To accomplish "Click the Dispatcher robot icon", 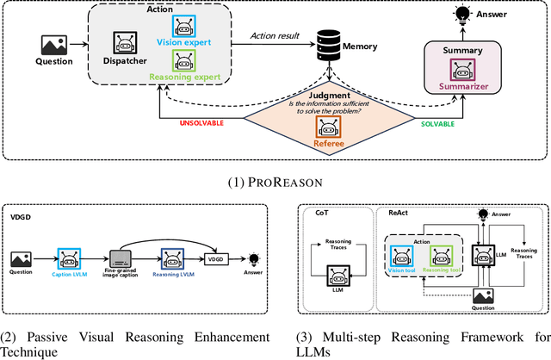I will coord(123,43).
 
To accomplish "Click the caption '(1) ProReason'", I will coord(275,181).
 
